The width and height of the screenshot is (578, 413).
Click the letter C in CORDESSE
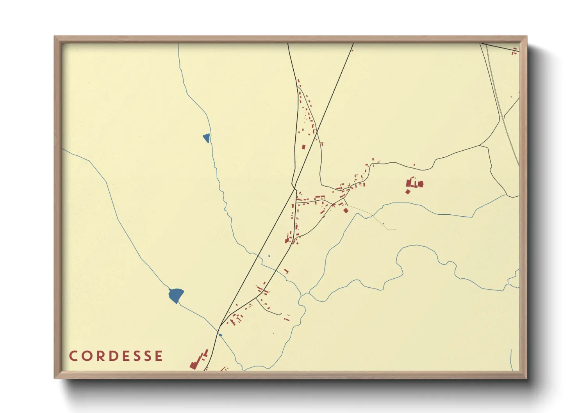click(x=73, y=356)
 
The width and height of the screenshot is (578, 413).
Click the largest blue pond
click(x=176, y=295)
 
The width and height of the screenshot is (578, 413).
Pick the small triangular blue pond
click(x=207, y=137)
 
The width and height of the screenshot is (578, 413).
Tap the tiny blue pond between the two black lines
click(x=269, y=256)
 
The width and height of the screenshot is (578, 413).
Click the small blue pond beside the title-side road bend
click(x=221, y=335)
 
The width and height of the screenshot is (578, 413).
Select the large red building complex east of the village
click(x=413, y=184)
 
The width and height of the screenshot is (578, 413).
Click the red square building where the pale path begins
click(x=346, y=211)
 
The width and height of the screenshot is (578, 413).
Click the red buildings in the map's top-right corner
click(x=515, y=51)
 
